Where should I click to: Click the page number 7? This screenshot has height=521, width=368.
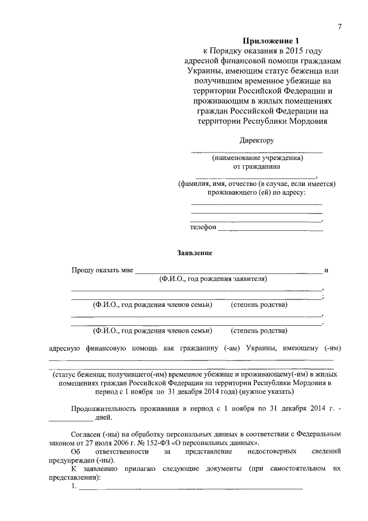point(340,28)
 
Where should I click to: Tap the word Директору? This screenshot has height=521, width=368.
point(256,140)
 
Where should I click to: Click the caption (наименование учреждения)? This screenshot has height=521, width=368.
point(257,158)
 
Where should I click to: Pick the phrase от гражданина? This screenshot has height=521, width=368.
point(256,167)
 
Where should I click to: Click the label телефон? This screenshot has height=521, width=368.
point(203,227)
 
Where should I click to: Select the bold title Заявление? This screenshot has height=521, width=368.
point(194,252)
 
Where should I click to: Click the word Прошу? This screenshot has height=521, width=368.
point(83,270)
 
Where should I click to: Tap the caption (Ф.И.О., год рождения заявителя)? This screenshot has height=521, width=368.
point(213,279)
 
